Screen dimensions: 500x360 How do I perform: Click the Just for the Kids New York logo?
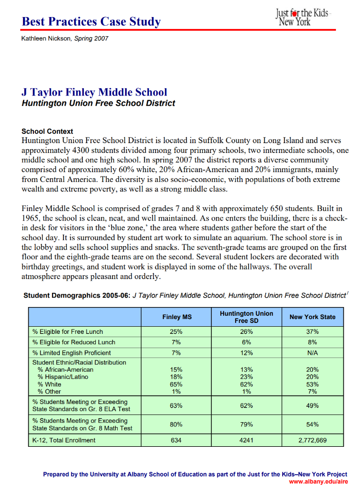pyautogui.click(x=302, y=16)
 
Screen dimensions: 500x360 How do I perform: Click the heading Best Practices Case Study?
pyautogui.click(x=91, y=22)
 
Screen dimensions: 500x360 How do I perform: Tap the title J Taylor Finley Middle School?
pyautogui.click(x=94, y=92)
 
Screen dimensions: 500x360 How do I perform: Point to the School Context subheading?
pyautogui.click(x=47, y=132)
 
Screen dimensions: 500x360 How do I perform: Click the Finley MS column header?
pyautogui.click(x=176, y=317)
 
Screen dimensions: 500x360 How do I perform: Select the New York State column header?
pyautogui.click(x=312, y=317)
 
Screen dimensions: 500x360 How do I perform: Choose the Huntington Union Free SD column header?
pyautogui.click(x=246, y=317)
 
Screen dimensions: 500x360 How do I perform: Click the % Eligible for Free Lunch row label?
pyautogui.click(x=67, y=332)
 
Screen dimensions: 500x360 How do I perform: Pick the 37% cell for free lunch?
pyautogui.click(x=312, y=332)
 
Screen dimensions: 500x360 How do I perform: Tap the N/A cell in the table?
pyautogui.click(x=312, y=353)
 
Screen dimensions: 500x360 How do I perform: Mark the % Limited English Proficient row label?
pyautogui.click(x=71, y=353)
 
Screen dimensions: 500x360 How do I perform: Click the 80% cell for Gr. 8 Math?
pyautogui.click(x=176, y=424)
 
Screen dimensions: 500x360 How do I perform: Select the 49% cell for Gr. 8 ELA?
pyautogui.click(x=312, y=406)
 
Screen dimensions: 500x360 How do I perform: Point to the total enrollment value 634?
pyautogui.click(x=176, y=440)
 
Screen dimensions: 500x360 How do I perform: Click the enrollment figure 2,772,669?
pyautogui.click(x=312, y=440)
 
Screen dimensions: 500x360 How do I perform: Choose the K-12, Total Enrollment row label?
pyautogui.click(x=64, y=440)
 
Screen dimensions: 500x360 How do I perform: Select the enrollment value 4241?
pyautogui.click(x=246, y=440)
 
